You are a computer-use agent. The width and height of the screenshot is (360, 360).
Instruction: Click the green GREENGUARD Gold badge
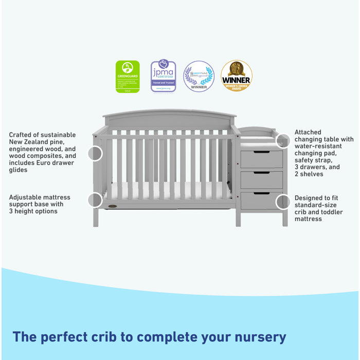[x=128, y=76]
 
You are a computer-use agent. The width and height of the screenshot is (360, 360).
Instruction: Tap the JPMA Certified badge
[x=163, y=76]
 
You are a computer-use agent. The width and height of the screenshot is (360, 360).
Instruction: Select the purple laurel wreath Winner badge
[x=199, y=76]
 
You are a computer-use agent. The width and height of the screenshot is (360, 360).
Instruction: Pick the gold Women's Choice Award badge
[x=237, y=76]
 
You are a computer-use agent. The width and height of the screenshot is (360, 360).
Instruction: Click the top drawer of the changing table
[x=262, y=159]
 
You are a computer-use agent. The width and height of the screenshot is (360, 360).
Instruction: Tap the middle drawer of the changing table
[x=262, y=179]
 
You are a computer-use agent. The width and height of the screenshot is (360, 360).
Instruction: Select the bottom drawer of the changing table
[x=262, y=201]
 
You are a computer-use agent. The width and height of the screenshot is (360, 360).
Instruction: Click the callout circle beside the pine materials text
[x=95, y=153]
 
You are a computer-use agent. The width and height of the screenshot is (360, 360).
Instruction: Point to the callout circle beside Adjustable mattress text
[x=95, y=200]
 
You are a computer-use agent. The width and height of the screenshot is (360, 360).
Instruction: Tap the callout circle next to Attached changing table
[x=283, y=140]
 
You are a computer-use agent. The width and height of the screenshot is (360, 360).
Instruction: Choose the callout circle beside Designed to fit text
[x=283, y=202]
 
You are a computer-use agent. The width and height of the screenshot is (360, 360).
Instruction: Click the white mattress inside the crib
[x=170, y=193]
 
